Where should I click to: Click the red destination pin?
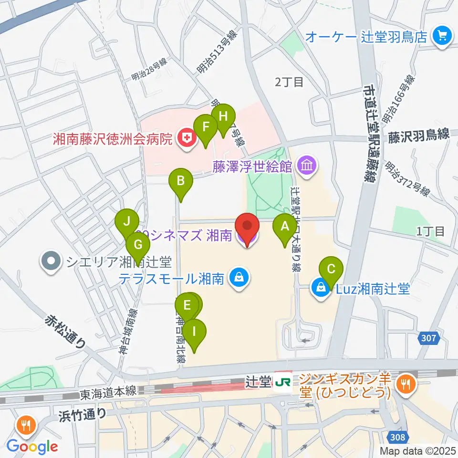[247, 229]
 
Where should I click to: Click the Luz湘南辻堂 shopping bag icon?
[321, 288]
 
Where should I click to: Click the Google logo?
[32, 446]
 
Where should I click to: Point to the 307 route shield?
[428, 338]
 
